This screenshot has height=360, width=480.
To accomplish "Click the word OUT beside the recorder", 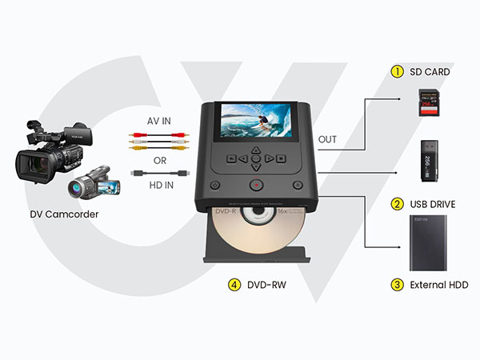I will coord(327,139).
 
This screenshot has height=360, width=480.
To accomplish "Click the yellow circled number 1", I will coord(396,72).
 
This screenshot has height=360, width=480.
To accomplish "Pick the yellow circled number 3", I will coord(396,285).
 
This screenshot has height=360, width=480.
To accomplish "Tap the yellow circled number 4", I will coord(233,285).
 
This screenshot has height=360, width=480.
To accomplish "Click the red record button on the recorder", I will coord(254,185).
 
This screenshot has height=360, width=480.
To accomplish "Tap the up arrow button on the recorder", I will coord(254,150).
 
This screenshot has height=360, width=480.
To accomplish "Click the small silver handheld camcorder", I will coord(94,185).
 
